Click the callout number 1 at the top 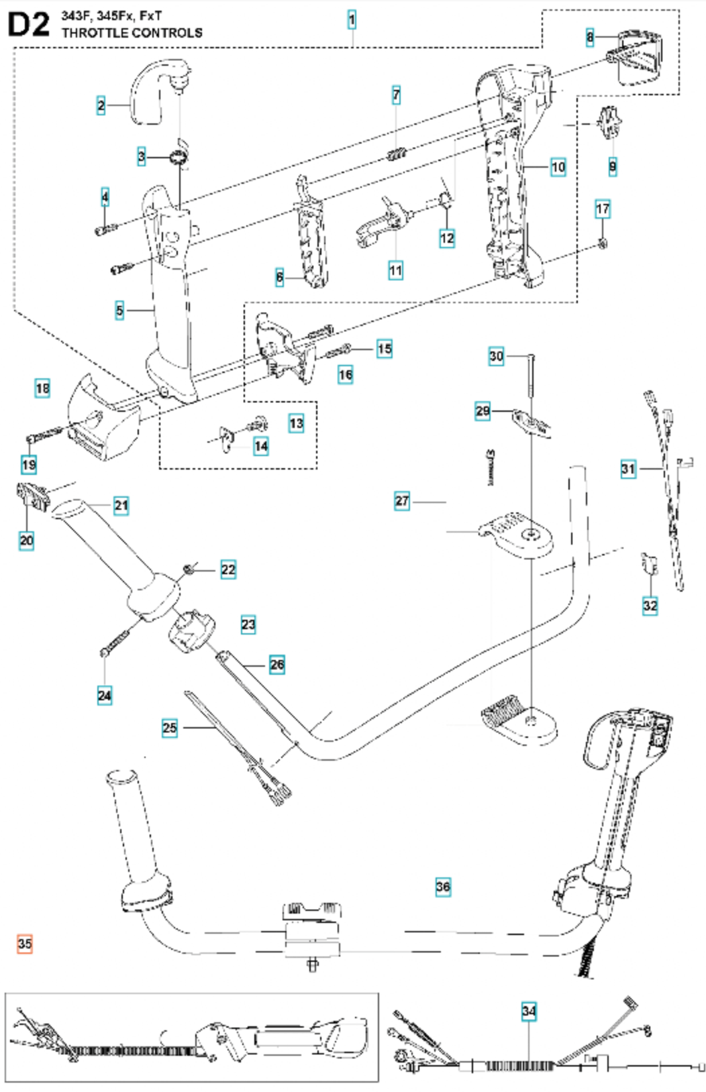click(352, 20)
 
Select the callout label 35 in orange click(25, 944)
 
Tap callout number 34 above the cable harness click(529, 1011)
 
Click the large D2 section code click(29, 25)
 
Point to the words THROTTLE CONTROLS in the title click(132, 33)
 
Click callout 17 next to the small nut click(603, 209)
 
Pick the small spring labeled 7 click(397, 154)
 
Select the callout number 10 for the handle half click(558, 167)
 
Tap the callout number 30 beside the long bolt click(496, 356)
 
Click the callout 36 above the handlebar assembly click(443, 887)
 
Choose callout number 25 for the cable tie click(170, 728)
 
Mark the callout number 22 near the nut click(228, 569)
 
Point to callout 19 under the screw click(29, 464)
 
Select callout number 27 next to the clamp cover click(402, 500)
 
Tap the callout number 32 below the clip click(650, 605)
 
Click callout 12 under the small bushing click(447, 237)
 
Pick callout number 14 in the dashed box click(261, 446)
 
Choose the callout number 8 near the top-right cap click(590, 37)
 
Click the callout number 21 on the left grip click(121, 505)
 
